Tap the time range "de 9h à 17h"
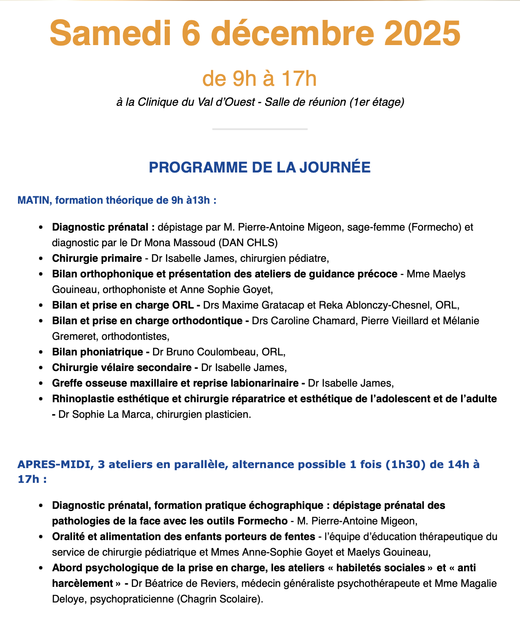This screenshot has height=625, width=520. tap(260, 79)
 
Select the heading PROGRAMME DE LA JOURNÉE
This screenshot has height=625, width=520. tap(260, 167)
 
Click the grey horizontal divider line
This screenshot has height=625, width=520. tap(260, 129)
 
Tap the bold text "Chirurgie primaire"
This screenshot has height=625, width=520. tap(97, 258)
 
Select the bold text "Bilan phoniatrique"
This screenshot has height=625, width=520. tap(97, 352)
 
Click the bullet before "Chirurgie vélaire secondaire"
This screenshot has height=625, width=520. tap(41, 368)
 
